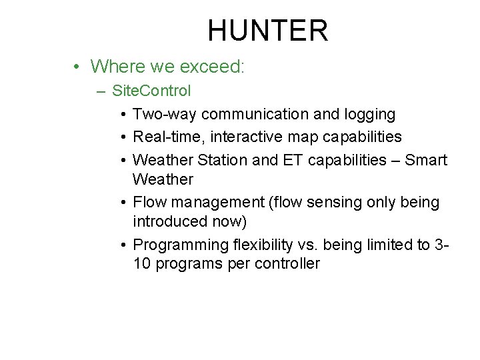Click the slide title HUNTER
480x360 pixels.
(267, 31)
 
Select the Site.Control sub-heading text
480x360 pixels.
(151, 90)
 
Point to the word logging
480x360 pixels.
(369, 115)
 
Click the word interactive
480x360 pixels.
(251, 137)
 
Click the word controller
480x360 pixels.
(287, 263)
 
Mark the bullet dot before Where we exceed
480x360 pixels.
(78, 67)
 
